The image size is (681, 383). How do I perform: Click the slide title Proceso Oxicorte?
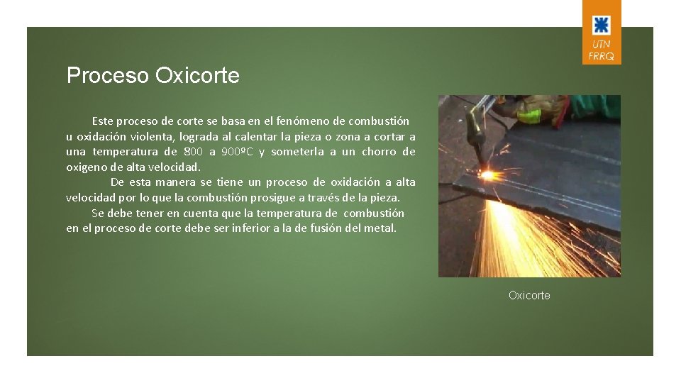click(153, 76)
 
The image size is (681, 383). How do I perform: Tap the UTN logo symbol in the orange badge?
click(601, 26)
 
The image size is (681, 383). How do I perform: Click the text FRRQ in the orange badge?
click(601, 56)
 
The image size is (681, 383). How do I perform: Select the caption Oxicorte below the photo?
click(529, 295)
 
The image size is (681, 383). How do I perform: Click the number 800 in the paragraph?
click(193, 152)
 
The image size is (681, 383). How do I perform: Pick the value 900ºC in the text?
click(237, 152)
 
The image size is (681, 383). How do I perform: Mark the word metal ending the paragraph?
click(380, 228)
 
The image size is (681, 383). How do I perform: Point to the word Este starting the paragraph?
click(102, 121)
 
